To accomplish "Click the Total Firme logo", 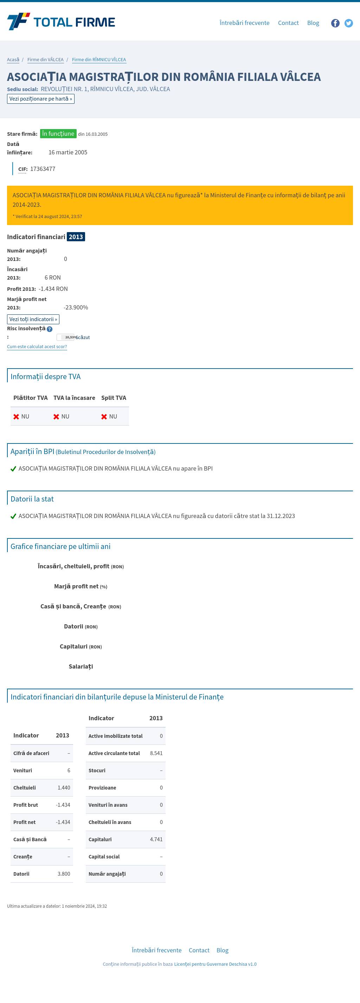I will point(61,22).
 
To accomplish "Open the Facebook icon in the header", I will point(335,23).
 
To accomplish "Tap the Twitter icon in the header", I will point(349,23).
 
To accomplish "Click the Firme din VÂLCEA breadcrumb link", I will point(45,59).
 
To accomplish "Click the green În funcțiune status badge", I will point(58,134).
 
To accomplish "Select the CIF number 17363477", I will point(43,168).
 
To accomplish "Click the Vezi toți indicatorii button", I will point(33,319).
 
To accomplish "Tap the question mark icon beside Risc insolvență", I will point(50,329).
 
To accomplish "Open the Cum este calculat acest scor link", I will point(37,346).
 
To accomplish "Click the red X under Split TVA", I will point(104,417).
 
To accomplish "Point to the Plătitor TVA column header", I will point(30,397).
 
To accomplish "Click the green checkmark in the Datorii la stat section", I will point(13,516).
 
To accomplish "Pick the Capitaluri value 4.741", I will point(156,839).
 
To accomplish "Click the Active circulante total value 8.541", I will point(156,753).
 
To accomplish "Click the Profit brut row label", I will point(26,805).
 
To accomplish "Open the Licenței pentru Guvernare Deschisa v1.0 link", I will point(215,964).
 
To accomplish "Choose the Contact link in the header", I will point(288,23).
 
